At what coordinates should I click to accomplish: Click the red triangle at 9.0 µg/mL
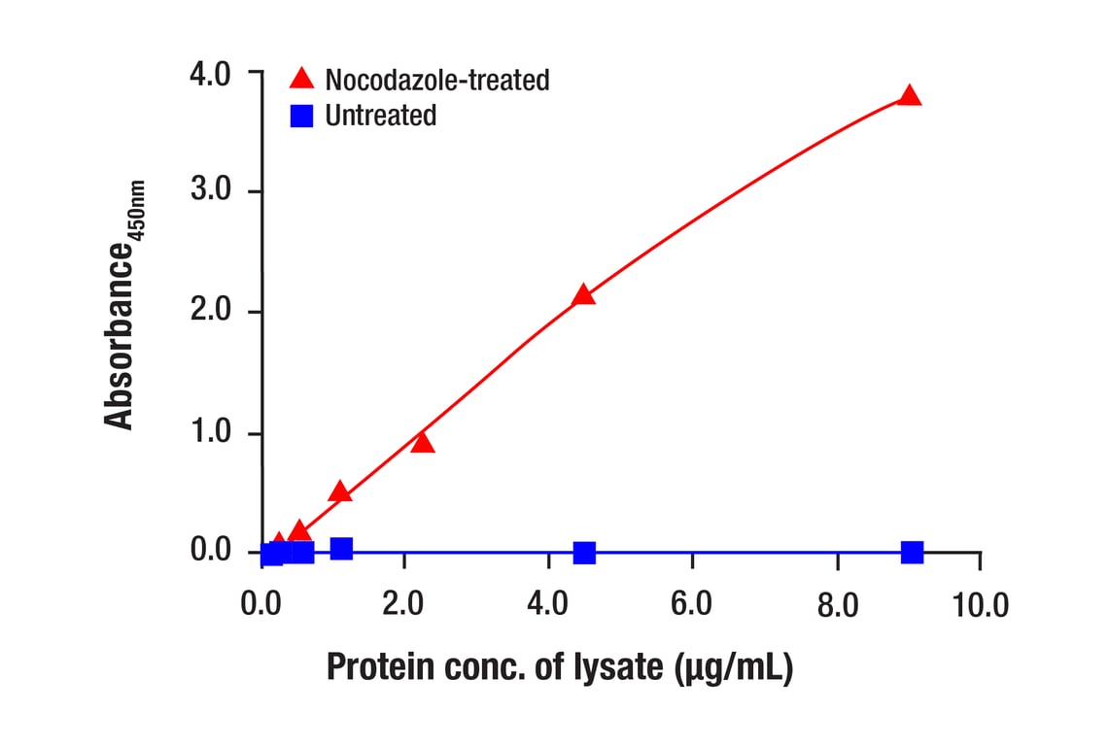(x=910, y=96)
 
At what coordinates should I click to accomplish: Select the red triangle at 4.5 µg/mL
(x=583, y=295)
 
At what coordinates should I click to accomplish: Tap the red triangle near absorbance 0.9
(x=422, y=443)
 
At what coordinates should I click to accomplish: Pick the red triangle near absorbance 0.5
(x=340, y=492)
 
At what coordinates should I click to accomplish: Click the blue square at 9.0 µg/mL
(x=912, y=553)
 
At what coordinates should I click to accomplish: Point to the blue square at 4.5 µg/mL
(x=584, y=553)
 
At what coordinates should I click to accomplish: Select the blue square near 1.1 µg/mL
(x=341, y=549)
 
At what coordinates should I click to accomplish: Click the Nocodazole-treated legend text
(x=437, y=79)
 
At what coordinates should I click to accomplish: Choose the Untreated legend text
(x=381, y=116)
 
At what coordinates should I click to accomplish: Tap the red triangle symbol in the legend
(x=302, y=78)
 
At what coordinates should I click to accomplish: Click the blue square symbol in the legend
(x=302, y=116)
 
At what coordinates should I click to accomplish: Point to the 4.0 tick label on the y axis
(x=211, y=74)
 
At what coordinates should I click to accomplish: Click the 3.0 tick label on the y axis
(x=211, y=190)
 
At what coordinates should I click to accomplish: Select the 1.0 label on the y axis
(x=211, y=432)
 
